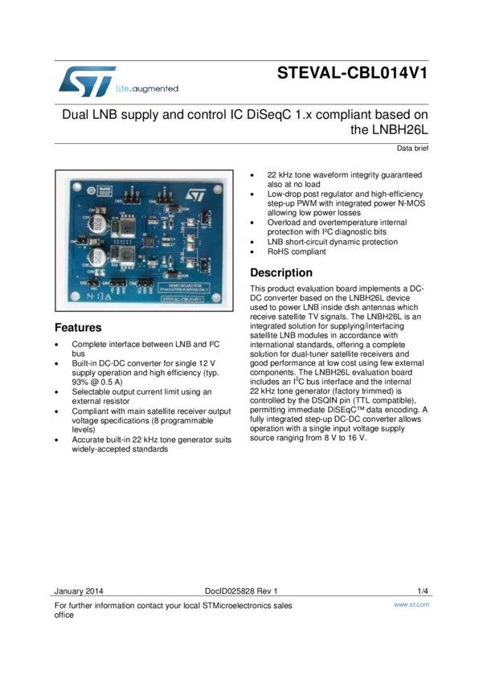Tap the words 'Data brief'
pos(412,149)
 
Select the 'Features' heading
pos(78,328)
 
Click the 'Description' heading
pos(281,272)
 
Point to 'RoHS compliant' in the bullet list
pos(297,252)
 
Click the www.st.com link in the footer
pos(411,604)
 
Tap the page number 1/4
pos(423,591)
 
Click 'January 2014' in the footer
pos(79,591)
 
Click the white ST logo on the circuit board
pos(196,194)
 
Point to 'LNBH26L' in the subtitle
pos(400,129)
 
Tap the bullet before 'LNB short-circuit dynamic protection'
pos(253,242)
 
